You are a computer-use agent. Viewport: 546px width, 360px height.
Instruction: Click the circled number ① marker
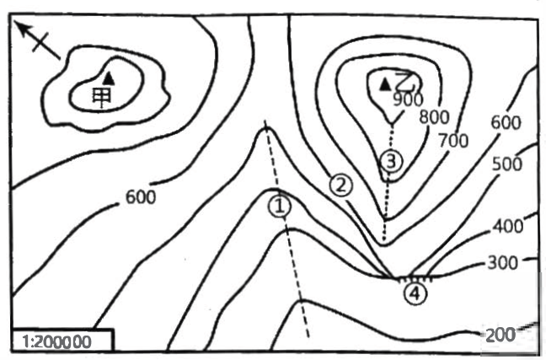(280, 207)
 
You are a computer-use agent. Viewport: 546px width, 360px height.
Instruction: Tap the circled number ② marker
(341, 185)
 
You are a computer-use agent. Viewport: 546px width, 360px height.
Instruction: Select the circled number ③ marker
(391, 161)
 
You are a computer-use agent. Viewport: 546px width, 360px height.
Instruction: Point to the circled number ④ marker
(415, 293)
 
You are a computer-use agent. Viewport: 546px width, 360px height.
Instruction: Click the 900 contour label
(408, 99)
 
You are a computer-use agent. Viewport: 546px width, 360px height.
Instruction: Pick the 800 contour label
(434, 117)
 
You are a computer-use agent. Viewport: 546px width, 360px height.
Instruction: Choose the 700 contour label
(453, 141)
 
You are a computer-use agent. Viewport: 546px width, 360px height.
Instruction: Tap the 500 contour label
(507, 164)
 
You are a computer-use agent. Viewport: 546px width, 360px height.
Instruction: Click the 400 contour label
(508, 226)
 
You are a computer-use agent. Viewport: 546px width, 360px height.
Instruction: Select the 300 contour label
(503, 263)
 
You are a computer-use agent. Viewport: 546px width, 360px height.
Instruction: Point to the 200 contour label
(500, 336)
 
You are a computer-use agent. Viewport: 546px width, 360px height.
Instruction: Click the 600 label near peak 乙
(506, 123)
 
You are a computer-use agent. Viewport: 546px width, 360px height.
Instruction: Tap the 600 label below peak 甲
(141, 197)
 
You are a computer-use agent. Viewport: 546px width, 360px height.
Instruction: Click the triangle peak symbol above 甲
(109, 78)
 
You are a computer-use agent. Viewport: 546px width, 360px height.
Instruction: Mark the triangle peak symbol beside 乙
(385, 84)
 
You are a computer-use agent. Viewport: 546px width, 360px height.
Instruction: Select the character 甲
(102, 98)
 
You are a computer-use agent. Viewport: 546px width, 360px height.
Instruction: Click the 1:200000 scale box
(62, 340)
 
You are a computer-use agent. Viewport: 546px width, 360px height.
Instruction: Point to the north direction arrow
(38, 40)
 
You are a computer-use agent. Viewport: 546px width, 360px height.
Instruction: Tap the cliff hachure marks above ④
(415, 280)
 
